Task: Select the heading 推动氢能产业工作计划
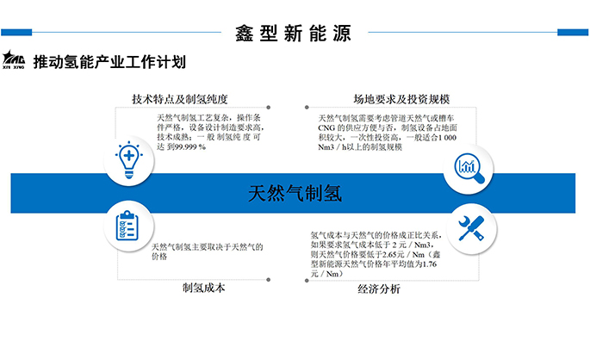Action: click(109, 62)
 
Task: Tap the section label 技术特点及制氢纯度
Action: click(179, 99)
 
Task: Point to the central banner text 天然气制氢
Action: click(294, 193)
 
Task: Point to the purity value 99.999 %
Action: click(189, 147)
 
